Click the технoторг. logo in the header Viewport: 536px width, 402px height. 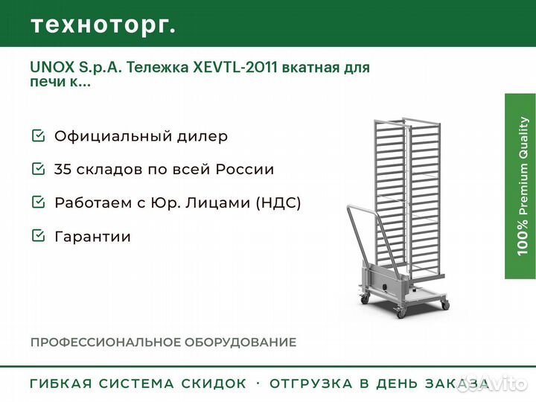pos(103,25)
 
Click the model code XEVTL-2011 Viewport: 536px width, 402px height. pos(235,67)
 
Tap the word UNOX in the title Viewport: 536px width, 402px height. pos(52,67)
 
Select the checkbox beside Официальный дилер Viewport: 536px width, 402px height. pos(38,135)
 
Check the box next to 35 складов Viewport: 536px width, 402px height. pos(38,168)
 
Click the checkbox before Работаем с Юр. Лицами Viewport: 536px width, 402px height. pos(38,202)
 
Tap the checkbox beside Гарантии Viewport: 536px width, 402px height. pos(38,235)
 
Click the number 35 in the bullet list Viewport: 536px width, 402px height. pos(63,169)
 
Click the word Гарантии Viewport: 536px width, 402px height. pos(92,236)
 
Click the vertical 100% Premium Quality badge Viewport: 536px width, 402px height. pos(520,186)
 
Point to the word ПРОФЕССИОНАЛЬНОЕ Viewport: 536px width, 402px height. pos(105,342)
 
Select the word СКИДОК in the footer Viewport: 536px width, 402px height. pos(214,383)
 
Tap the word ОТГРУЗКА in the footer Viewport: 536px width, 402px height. pos(310,383)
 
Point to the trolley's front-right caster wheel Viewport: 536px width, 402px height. pos(445,305)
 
